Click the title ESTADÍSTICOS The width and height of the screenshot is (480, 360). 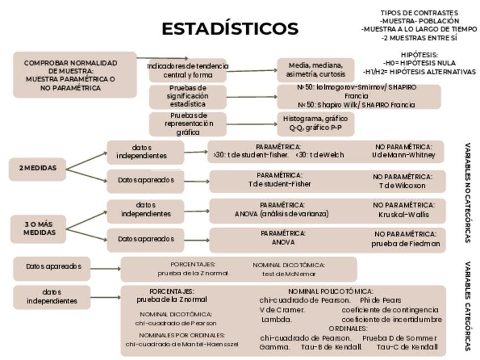pyautogui.click(x=230, y=28)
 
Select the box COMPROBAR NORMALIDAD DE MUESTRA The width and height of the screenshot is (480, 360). pyautogui.click(x=74, y=75)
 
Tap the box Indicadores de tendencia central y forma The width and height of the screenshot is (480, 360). pyautogui.click(x=188, y=70)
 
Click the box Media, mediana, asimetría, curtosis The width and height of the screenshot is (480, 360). pyautogui.click(x=315, y=70)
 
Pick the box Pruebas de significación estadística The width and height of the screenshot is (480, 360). pyautogui.click(x=188, y=96)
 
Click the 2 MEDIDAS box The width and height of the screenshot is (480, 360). pyautogui.click(x=37, y=168)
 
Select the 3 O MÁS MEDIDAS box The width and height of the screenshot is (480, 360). pyautogui.click(x=38, y=228)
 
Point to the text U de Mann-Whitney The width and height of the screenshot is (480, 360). pyautogui.click(x=404, y=155)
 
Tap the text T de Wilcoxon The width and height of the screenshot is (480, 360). pyautogui.click(x=402, y=185)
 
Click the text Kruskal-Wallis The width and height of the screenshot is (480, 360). pyautogui.click(x=404, y=215)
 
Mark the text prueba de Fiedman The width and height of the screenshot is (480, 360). pyautogui.click(x=405, y=244)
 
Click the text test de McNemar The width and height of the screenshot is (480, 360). pyautogui.click(x=289, y=273)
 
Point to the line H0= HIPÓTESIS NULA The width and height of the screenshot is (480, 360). pyautogui.click(x=419, y=63)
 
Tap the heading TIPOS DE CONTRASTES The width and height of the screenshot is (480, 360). pyautogui.click(x=419, y=13)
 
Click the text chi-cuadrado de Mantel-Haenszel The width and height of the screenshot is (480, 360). pyautogui.click(x=182, y=344)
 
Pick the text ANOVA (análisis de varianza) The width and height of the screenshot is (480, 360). pyautogui.click(x=281, y=214)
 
